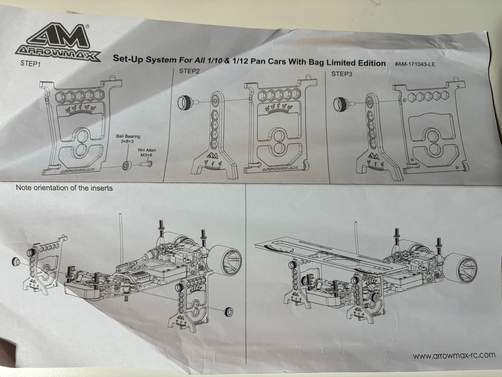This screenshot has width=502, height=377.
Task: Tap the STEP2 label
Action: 190,71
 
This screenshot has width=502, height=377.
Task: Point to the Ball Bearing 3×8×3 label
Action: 128,139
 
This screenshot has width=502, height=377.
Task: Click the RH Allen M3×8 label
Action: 147,153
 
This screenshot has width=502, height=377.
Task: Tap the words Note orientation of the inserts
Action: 64,188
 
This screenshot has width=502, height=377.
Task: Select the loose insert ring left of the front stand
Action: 16,262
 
